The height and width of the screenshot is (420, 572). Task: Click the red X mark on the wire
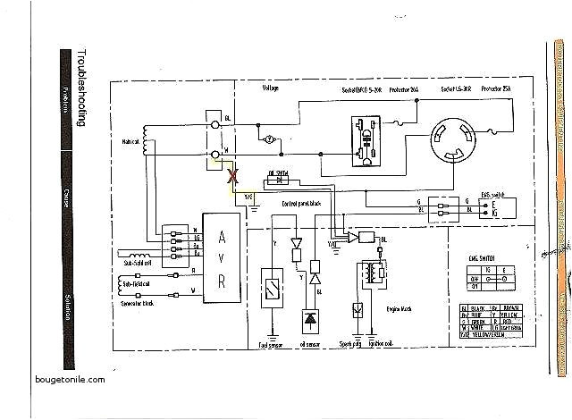tap(235, 176)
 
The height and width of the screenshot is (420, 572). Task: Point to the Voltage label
tap(271, 89)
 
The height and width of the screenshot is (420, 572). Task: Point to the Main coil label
tap(132, 141)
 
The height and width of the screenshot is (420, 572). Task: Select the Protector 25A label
tap(497, 90)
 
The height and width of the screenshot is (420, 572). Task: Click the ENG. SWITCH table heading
tap(484, 257)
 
